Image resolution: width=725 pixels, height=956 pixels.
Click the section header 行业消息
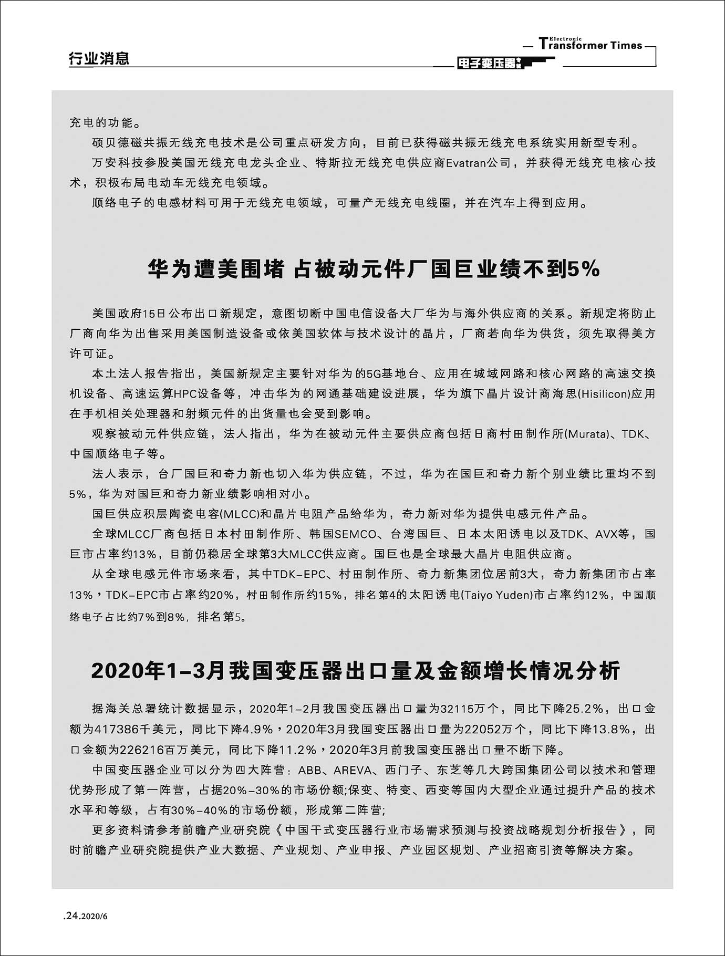click(99, 58)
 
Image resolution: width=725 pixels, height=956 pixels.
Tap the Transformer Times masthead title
click(591, 45)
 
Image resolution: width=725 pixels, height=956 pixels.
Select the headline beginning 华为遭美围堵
click(374, 269)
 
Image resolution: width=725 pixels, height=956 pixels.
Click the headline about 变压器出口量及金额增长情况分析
click(356, 671)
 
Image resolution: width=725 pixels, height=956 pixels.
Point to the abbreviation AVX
click(606, 534)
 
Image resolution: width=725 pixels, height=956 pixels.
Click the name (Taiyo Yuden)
click(496, 595)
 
